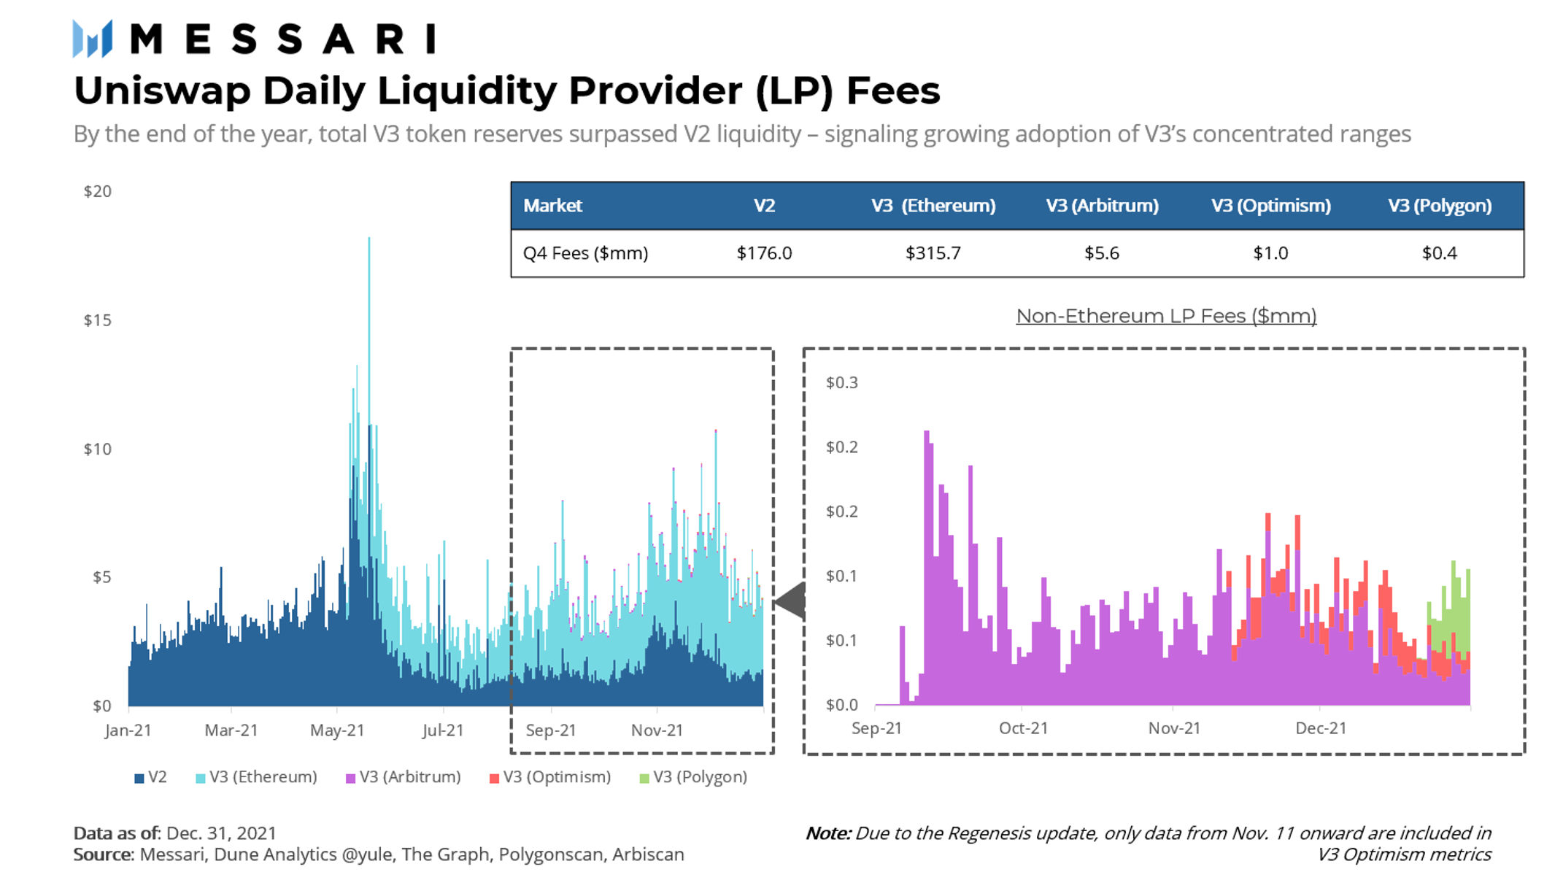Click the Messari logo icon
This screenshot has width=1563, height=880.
coord(93,39)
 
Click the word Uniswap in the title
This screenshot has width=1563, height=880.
coord(161,91)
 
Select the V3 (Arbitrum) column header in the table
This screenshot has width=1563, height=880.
coord(1102,206)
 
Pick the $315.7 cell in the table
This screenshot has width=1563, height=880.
coord(933,253)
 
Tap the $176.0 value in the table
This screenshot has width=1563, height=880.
coord(764,253)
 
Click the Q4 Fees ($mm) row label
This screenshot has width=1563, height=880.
coord(585,253)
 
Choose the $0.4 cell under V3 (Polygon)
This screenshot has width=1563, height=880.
coord(1439,253)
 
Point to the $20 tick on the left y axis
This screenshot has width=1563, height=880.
coord(98,191)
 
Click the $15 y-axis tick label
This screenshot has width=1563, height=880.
coord(98,320)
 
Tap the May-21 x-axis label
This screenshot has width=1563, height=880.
coord(336,730)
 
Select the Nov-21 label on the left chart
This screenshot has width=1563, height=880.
coord(657,730)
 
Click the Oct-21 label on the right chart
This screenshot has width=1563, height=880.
coord(1023,728)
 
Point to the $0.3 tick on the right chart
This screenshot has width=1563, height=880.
coord(841,383)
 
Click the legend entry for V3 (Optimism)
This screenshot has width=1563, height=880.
coord(550,777)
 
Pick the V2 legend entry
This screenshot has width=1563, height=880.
coord(151,777)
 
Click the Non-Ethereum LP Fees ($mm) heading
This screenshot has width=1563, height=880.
coord(1166,316)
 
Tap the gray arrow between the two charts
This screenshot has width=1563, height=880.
coord(791,602)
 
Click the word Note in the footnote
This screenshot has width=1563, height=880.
coord(827,833)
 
